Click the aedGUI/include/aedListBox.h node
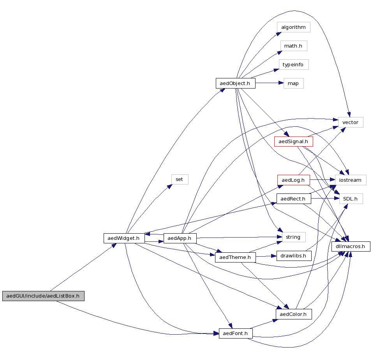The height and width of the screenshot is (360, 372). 43,296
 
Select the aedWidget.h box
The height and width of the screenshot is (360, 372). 124,238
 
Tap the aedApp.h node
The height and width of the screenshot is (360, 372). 180,238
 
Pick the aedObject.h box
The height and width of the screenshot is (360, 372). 235,83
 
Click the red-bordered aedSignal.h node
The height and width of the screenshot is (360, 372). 294,142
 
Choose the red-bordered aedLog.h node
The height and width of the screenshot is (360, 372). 293,180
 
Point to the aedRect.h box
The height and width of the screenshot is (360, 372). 293,199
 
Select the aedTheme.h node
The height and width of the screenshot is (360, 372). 235,257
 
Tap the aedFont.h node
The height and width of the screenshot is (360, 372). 235,333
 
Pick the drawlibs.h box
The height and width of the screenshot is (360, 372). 293,256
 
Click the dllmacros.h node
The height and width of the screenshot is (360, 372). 350,247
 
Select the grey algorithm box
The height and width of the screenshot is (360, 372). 293,27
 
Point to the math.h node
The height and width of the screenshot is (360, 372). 293,46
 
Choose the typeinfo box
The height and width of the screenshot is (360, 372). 293,65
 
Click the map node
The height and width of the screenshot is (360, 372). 293,83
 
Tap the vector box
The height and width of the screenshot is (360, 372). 350,122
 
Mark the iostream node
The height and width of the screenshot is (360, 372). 350,180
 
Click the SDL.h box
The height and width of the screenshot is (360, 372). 350,199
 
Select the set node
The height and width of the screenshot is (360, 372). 180,179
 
